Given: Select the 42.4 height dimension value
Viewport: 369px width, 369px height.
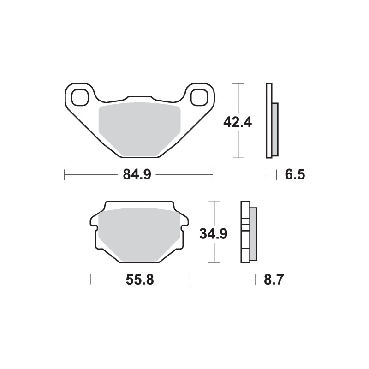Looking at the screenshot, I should click(x=237, y=123).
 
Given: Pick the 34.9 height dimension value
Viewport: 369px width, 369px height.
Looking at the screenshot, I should click(x=213, y=234).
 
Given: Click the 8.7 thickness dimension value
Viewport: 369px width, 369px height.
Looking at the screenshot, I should click(x=274, y=280).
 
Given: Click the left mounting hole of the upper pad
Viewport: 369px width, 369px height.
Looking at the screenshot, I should click(x=80, y=97).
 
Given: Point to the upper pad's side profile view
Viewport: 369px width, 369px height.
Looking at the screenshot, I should click(x=271, y=121).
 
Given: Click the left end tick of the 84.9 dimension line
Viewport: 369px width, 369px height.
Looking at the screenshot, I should click(x=65, y=175).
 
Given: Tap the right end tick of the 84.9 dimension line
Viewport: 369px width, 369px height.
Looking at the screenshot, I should click(x=213, y=175).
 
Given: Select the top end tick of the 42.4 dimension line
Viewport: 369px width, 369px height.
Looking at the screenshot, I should click(x=237, y=84).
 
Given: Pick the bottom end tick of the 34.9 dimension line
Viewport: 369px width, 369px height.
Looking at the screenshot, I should click(x=213, y=262).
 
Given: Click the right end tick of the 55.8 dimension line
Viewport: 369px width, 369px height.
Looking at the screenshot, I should click(x=189, y=280).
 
